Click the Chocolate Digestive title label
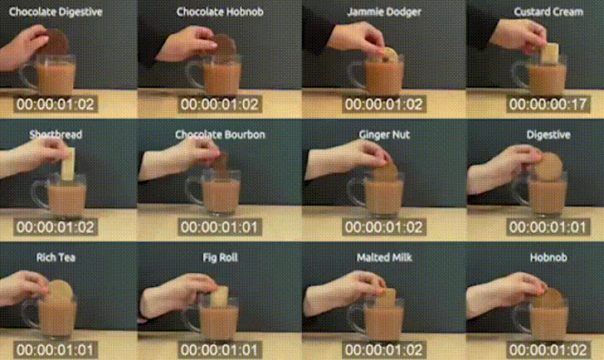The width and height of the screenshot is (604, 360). pyautogui.click(x=56, y=12)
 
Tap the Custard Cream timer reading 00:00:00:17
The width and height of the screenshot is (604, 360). pyautogui.click(x=548, y=104)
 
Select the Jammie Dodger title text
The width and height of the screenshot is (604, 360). pyautogui.click(x=384, y=12)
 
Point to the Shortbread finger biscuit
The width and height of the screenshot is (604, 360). pyautogui.click(x=68, y=163)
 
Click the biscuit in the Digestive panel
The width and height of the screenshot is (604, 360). pyautogui.click(x=549, y=167)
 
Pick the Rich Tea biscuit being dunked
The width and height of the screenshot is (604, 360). pyautogui.click(x=61, y=292)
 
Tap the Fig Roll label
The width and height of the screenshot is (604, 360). pyautogui.click(x=220, y=257)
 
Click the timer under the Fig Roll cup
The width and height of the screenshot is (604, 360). pyautogui.click(x=219, y=349)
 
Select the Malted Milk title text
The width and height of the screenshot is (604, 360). pyautogui.click(x=384, y=257)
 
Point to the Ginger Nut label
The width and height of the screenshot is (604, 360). pyautogui.click(x=384, y=134)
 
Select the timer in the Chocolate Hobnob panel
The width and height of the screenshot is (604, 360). pyautogui.click(x=219, y=104)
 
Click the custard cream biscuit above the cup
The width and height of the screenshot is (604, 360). pyautogui.click(x=550, y=52)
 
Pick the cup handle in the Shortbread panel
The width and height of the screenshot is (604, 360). pyautogui.click(x=40, y=193)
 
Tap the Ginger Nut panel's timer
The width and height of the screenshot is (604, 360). pyautogui.click(x=383, y=226)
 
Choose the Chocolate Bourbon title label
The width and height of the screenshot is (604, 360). pyautogui.click(x=220, y=134)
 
